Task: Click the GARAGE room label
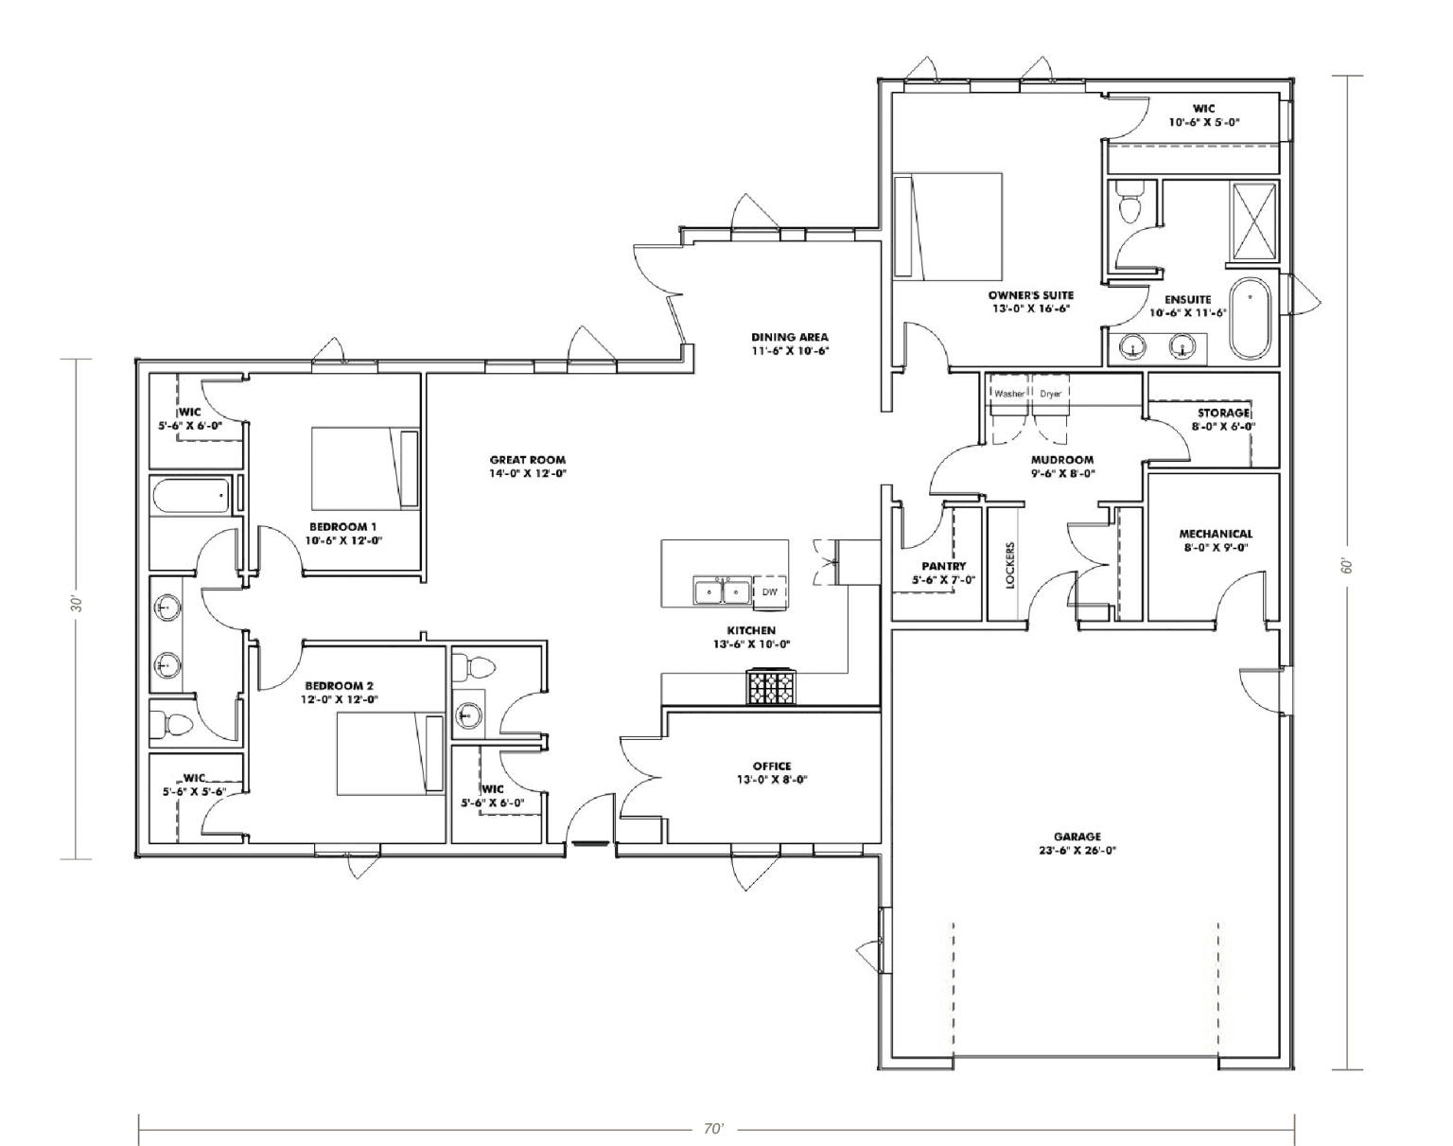(1077, 837)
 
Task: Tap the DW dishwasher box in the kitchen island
(769, 591)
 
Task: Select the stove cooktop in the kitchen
(770, 688)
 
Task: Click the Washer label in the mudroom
(1009, 393)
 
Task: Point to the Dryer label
(1050, 393)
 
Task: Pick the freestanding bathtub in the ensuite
(1251, 319)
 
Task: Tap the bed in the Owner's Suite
(948, 226)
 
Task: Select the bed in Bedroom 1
(365, 467)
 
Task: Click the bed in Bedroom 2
(391, 754)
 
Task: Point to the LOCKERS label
(1010, 565)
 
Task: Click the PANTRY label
(943, 566)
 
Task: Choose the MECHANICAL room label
(1216, 534)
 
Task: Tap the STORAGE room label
(1224, 413)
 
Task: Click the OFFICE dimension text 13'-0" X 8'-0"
(772, 780)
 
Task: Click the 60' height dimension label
(1349, 565)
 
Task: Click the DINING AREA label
(790, 337)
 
